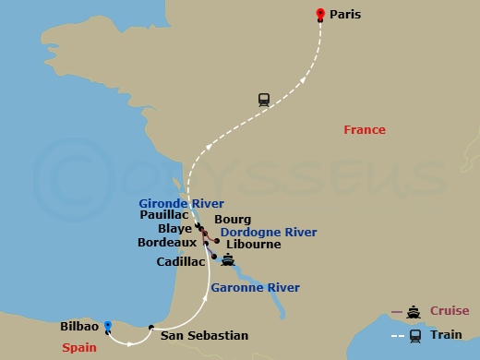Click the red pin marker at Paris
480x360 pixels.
(x=320, y=14)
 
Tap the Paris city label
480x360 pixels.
(x=345, y=15)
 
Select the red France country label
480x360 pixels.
(x=365, y=130)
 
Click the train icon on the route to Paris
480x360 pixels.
(x=264, y=101)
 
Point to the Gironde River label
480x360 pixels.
(x=181, y=203)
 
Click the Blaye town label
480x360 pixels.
(x=175, y=229)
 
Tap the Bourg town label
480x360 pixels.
(x=233, y=220)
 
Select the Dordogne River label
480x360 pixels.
(x=269, y=233)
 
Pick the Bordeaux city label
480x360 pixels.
(x=166, y=244)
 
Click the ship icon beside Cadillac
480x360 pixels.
(x=226, y=260)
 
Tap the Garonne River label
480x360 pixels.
(x=255, y=288)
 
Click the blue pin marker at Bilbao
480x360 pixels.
(x=108, y=325)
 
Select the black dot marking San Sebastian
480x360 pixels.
(x=151, y=326)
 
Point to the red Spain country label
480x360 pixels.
(x=80, y=348)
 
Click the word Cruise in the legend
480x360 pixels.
(x=448, y=311)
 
